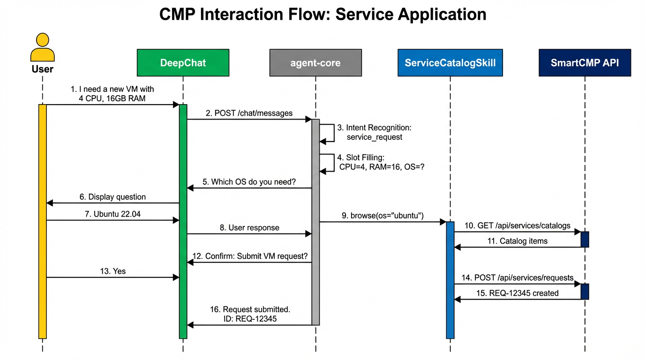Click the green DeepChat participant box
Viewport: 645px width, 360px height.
pos(183,62)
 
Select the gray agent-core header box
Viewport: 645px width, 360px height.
pos(315,62)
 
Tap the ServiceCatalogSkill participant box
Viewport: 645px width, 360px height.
pos(450,62)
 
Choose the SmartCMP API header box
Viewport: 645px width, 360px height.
pos(585,62)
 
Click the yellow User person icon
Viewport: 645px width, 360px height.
pos(42,47)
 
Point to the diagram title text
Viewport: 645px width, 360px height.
pos(322,14)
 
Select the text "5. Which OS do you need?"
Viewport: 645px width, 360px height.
pos(249,181)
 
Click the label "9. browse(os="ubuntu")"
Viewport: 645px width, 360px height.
pos(382,216)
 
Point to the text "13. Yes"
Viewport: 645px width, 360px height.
pos(113,271)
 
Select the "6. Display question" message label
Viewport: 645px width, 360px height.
pos(112,197)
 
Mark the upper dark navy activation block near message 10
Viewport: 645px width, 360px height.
pos(585,239)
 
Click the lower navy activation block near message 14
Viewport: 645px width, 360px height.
pos(585,291)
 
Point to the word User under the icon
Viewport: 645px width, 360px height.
pos(42,69)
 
